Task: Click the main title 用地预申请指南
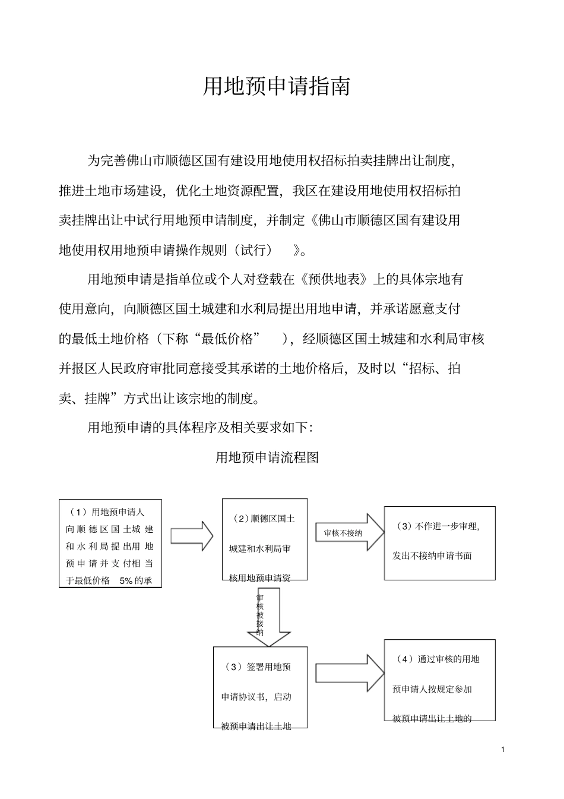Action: click(277, 87)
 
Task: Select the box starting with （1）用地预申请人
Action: click(110, 544)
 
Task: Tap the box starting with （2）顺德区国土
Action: click(264, 539)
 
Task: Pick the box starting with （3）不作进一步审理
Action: click(439, 543)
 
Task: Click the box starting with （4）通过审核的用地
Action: click(439, 680)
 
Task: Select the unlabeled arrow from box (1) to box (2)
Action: click(192, 536)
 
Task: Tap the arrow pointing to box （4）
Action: click(350, 673)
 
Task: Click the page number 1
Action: click(503, 750)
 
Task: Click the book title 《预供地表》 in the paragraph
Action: click(337, 279)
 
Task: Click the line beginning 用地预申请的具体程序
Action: click(204, 427)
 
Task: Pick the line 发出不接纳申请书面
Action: click(432, 556)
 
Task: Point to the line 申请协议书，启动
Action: click(256, 697)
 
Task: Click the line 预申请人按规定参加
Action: click(432, 690)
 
